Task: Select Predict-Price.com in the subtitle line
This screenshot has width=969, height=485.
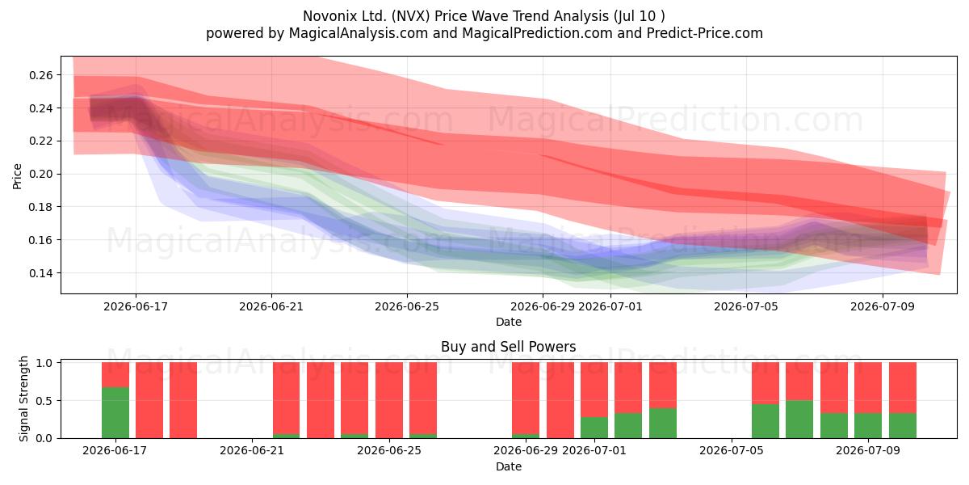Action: pyautogui.click(x=705, y=33)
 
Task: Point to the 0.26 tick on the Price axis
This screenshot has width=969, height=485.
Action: pyautogui.click(x=40, y=75)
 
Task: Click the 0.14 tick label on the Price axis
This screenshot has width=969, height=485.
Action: pyautogui.click(x=40, y=273)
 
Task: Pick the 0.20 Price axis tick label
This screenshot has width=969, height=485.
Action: pyautogui.click(x=40, y=174)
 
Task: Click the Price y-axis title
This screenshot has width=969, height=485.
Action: pyautogui.click(x=17, y=176)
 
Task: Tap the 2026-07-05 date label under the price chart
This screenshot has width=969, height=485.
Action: pyautogui.click(x=746, y=306)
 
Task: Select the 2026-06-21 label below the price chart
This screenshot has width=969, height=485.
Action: pyautogui.click(x=271, y=306)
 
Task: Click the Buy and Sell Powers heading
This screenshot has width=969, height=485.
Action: pyautogui.click(x=508, y=347)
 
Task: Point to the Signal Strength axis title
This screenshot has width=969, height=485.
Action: pyautogui.click(x=23, y=399)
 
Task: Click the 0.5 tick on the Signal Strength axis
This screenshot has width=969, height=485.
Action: pyautogui.click(x=44, y=401)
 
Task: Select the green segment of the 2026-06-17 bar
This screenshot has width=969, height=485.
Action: pyautogui.click(x=115, y=413)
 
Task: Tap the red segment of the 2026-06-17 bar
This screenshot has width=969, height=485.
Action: pyautogui.click(x=115, y=374)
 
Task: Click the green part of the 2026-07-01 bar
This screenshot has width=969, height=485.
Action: pyautogui.click(x=594, y=428)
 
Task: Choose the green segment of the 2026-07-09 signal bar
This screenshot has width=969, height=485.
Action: pyautogui.click(x=868, y=426)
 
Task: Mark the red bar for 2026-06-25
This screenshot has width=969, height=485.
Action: pyautogui.click(x=389, y=400)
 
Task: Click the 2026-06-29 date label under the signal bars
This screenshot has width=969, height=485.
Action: pyautogui.click(x=526, y=451)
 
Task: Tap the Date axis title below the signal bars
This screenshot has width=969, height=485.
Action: pyautogui.click(x=508, y=466)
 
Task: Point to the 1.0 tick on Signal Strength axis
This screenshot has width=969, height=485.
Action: pyautogui.click(x=44, y=363)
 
